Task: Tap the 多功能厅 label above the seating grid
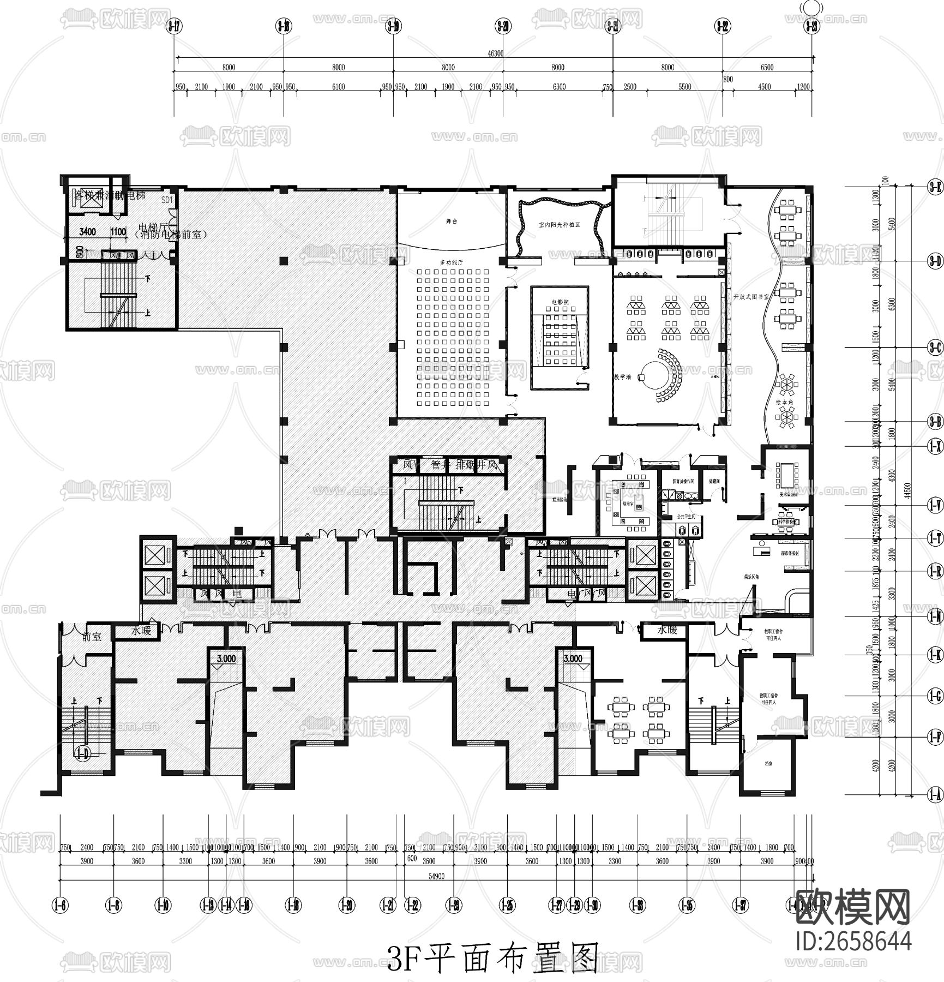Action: (451, 262)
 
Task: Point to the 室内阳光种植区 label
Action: (559, 225)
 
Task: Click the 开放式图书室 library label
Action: (751, 297)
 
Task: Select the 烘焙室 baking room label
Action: (628, 504)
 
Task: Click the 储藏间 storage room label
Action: (714, 481)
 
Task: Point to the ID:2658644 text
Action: (854, 942)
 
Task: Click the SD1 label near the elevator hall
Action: (167, 200)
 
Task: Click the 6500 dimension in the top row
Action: (767, 68)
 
